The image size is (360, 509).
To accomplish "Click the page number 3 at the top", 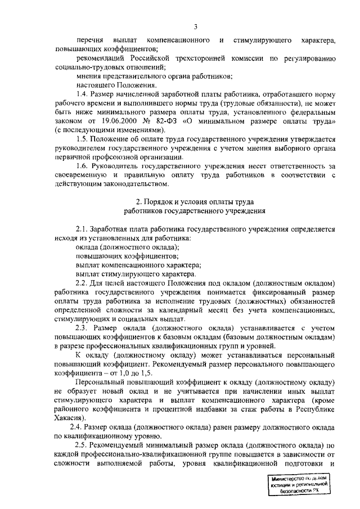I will point(195,26).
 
